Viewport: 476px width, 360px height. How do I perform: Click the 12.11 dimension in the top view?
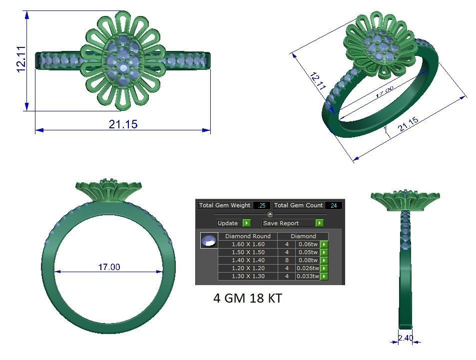[x=21, y=59]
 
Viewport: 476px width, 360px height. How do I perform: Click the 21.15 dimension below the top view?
[x=123, y=124]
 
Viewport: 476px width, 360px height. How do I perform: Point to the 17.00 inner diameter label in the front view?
[x=109, y=267]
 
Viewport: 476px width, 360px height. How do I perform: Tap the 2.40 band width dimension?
[x=406, y=338]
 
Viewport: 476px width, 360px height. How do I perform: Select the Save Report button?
[x=293, y=223]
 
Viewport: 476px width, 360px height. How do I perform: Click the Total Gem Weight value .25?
[x=262, y=205]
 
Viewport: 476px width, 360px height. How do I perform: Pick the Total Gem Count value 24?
[x=333, y=205]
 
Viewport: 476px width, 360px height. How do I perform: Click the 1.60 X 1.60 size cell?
[x=248, y=244]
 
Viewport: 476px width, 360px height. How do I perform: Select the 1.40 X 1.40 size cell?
[x=248, y=260]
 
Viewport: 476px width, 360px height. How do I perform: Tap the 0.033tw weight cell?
[x=307, y=276]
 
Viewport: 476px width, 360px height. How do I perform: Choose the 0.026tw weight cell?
[x=307, y=268]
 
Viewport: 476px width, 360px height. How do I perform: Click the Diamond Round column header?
[x=248, y=236]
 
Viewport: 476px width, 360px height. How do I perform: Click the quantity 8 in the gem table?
[x=287, y=260]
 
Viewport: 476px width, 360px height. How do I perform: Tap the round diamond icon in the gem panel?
[x=209, y=241]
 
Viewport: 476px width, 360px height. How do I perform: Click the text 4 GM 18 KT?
[x=248, y=298]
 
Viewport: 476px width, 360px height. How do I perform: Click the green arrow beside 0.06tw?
[x=324, y=244]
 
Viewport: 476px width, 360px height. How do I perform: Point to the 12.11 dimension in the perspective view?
[x=318, y=81]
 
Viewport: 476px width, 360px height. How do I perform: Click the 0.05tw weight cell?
[x=307, y=252]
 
